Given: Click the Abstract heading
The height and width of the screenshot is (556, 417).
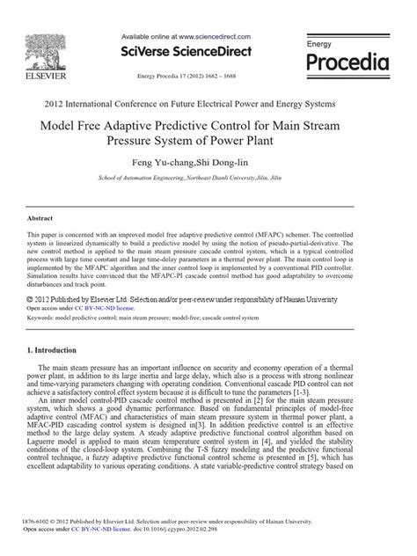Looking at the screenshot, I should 40,217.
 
